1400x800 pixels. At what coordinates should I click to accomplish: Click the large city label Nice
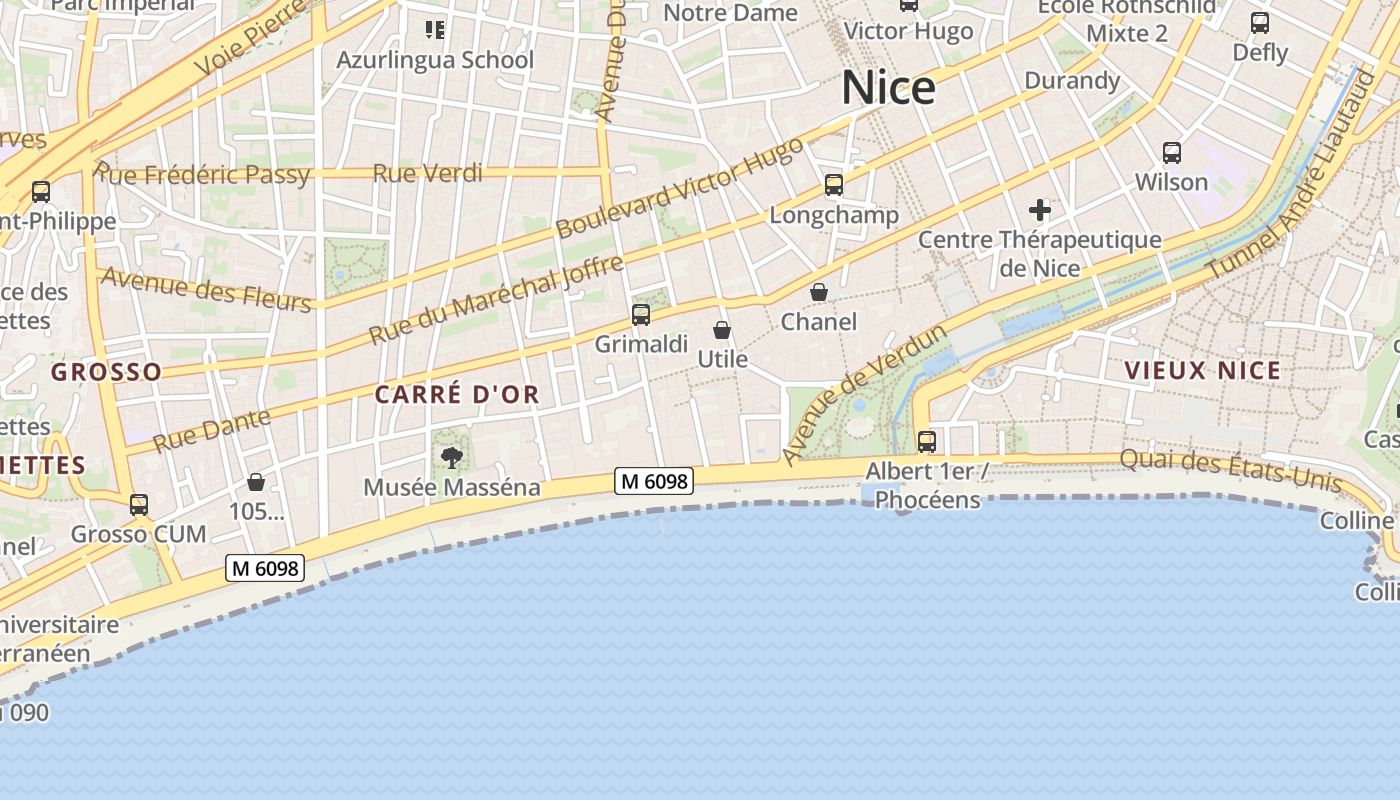[x=888, y=88]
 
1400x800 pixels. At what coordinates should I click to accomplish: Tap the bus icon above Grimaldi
[x=641, y=315]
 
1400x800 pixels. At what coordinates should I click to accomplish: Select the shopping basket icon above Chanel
[x=819, y=292]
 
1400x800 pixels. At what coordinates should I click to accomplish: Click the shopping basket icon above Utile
[x=722, y=330]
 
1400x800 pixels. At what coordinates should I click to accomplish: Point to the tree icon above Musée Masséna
[x=452, y=458]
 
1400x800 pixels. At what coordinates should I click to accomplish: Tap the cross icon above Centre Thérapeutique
[x=1040, y=210]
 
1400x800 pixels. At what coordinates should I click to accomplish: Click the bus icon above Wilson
[x=1172, y=153]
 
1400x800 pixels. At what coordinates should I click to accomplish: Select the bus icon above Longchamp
[x=834, y=185]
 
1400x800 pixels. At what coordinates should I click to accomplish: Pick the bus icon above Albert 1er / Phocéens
[x=927, y=441]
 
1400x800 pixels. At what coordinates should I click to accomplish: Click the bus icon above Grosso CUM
[x=139, y=505]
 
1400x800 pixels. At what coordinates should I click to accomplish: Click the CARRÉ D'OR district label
[x=457, y=395]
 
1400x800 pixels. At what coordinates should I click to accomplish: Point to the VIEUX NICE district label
[x=1203, y=371]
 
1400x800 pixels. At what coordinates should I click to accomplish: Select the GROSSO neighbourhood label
[x=106, y=372]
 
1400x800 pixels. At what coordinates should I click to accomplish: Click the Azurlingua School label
[x=435, y=60]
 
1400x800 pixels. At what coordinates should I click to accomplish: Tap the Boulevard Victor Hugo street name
[x=680, y=187]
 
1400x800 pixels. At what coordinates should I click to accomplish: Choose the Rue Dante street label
[x=211, y=429]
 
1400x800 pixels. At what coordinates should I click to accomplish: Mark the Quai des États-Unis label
[x=1231, y=469]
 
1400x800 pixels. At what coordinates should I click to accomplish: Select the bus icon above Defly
[x=1260, y=22]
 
